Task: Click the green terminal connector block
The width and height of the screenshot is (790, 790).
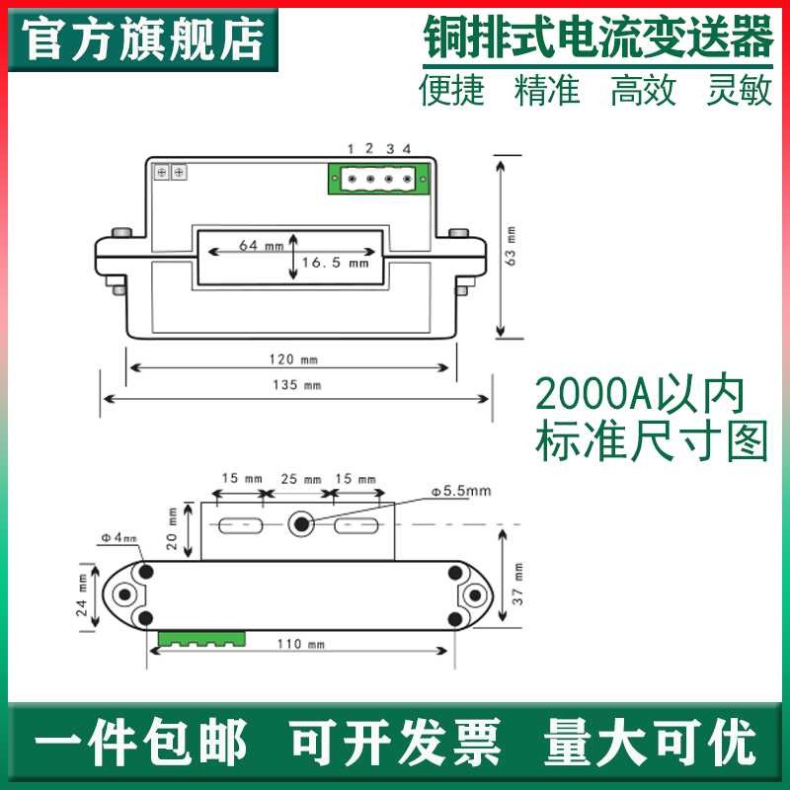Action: click(381, 180)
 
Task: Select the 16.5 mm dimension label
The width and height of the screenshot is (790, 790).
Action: click(335, 264)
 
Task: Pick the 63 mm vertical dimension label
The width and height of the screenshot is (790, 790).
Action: click(510, 246)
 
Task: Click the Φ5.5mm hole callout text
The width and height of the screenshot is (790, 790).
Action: click(460, 491)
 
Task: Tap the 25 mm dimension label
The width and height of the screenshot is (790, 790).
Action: click(299, 478)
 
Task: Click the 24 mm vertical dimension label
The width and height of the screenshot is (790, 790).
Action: click(83, 595)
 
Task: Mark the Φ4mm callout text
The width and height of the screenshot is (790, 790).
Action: click(118, 537)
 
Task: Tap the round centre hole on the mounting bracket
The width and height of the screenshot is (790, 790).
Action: click(301, 524)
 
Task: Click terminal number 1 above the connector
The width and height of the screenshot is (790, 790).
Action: click(350, 149)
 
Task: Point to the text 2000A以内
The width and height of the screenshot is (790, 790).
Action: click(638, 396)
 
